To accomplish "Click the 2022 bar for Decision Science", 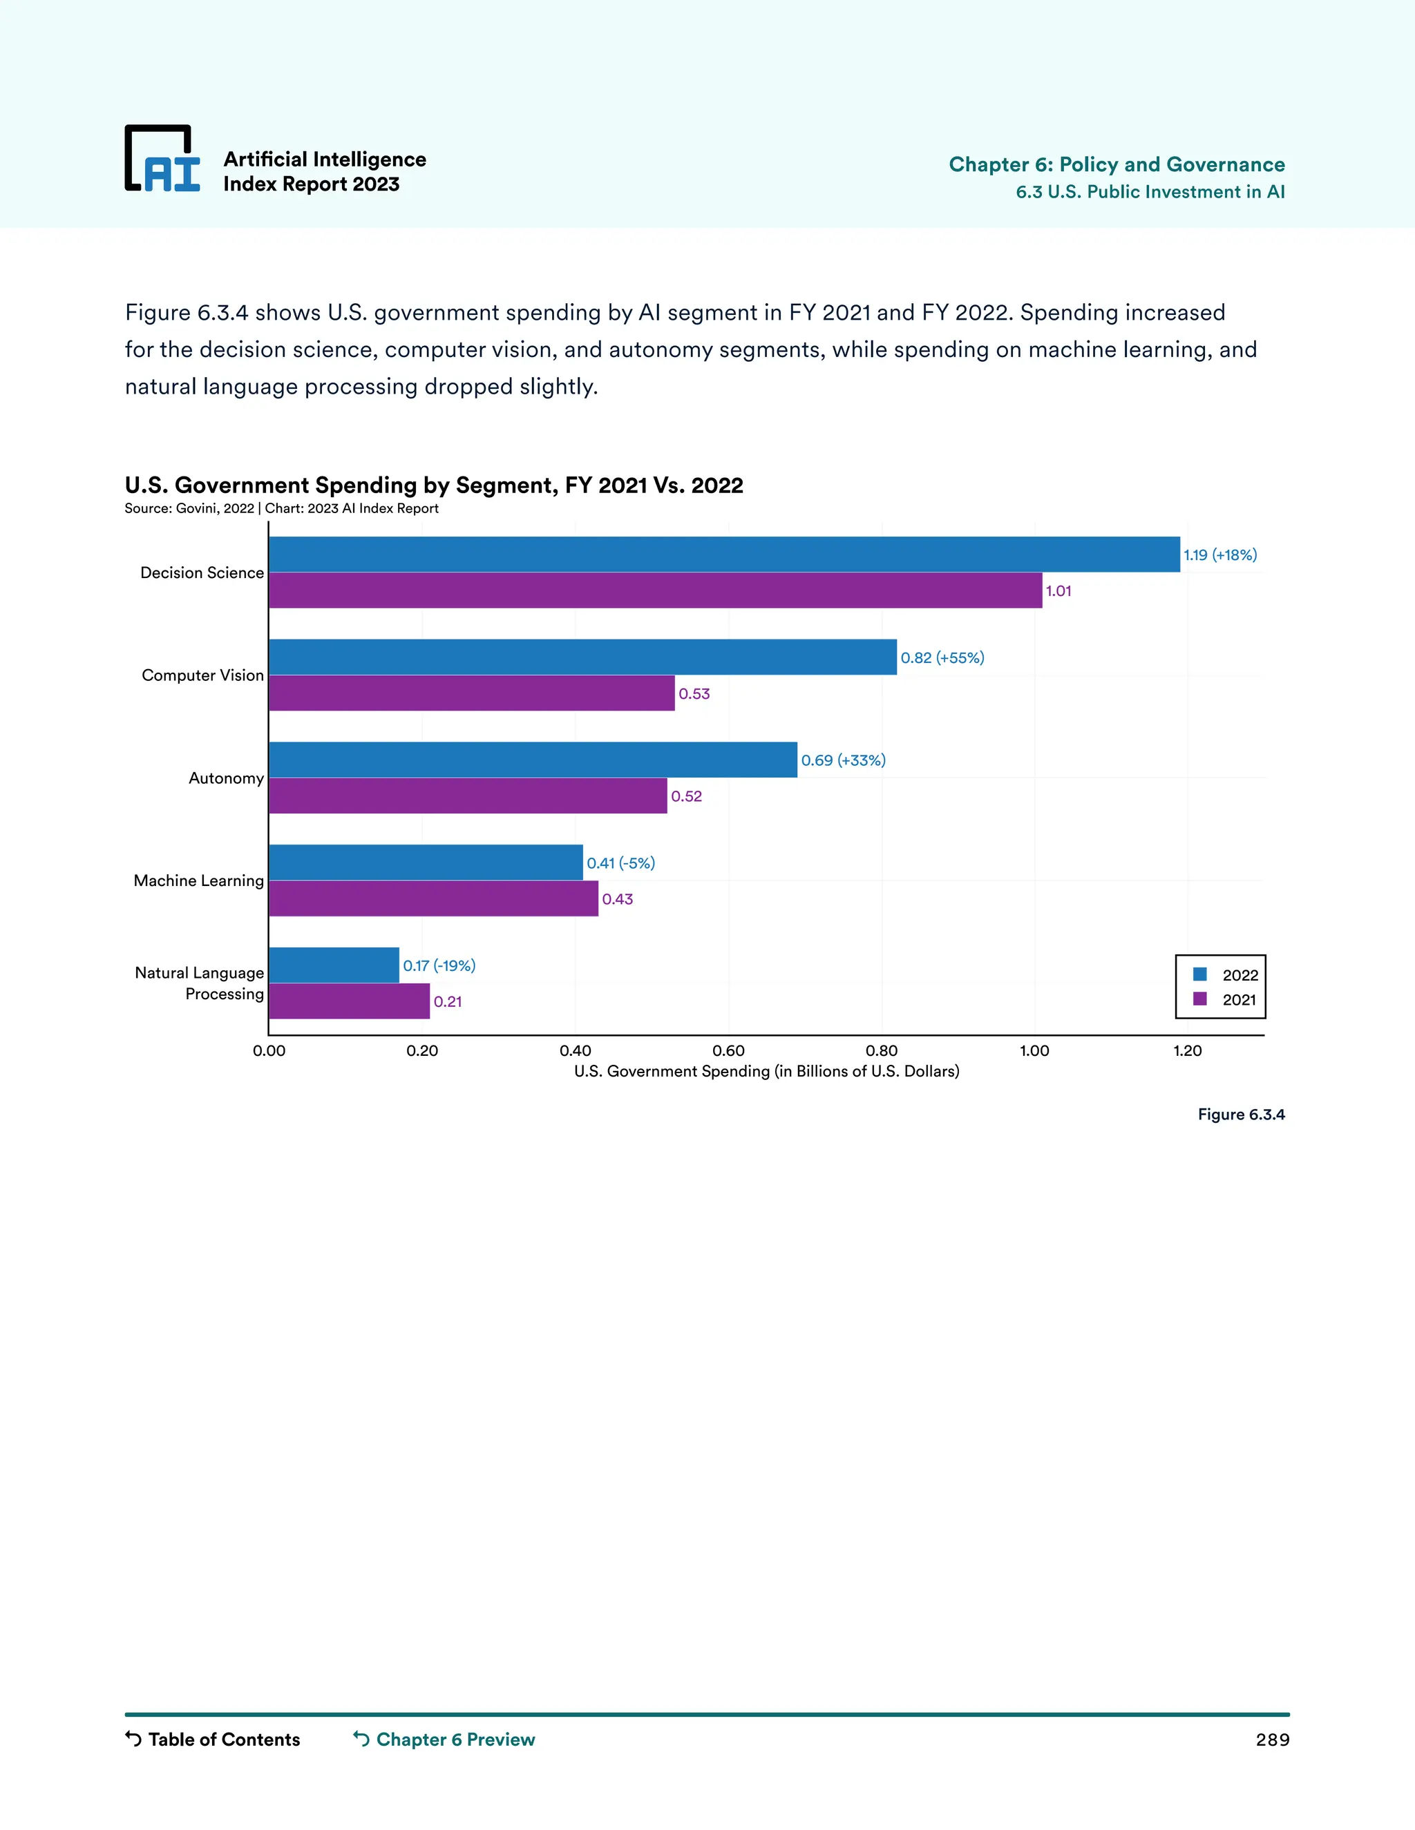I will [x=723, y=555].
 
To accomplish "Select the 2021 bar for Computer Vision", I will [x=471, y=693].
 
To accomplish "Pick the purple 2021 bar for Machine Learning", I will [x=433, y=898].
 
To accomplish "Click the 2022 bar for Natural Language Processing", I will [x=334, y=965].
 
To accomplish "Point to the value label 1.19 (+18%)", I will [x=1219, y=555].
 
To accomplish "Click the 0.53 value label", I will [x=694, y=694].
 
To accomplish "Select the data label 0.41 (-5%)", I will [x=620, y=863].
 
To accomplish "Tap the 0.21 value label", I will [x=448, y=1001].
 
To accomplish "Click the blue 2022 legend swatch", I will [x=1199, y=974].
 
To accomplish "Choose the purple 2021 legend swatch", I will [x=1199, y=999].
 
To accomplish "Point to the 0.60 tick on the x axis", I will [x=728, y=1051].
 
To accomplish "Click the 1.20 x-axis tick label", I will [x=1187, y=1051].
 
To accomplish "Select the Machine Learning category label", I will [x=199, y=880].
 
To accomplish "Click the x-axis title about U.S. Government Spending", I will [x=766, y=1071].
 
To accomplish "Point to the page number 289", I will [x=1272, y=1740].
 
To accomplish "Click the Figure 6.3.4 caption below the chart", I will [x=1241, y=1115].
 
